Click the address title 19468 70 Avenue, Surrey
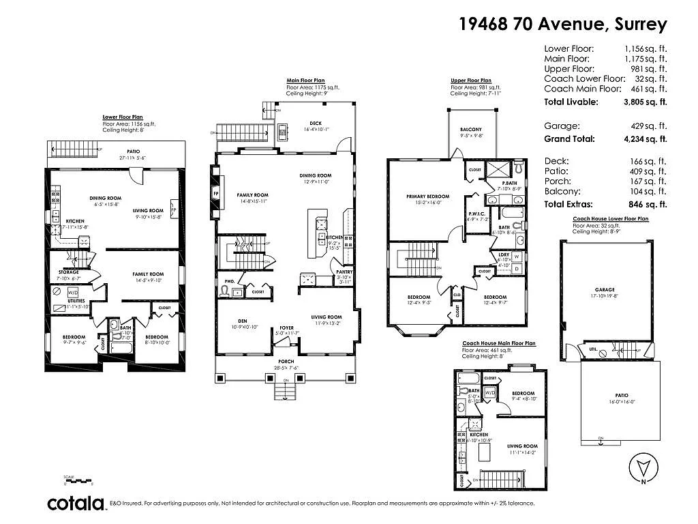pyautogui.click(x=562, y=25)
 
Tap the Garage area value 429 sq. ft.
pyautogui.click(x=648, y=126)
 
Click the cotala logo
pyautogui.click(x=76, y=504)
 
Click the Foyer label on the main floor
pyautogui.click(x=286, y=327)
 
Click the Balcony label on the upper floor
pyautogui.click(x=470, y=130)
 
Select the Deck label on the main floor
pyautogui.click(x=311, y=123)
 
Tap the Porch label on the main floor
pyautogui.click(x=286, y=362)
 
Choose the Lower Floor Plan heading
pyautogui.click(x=123, y=117)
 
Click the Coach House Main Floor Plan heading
pyautogui.click(x=498, y=343)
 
